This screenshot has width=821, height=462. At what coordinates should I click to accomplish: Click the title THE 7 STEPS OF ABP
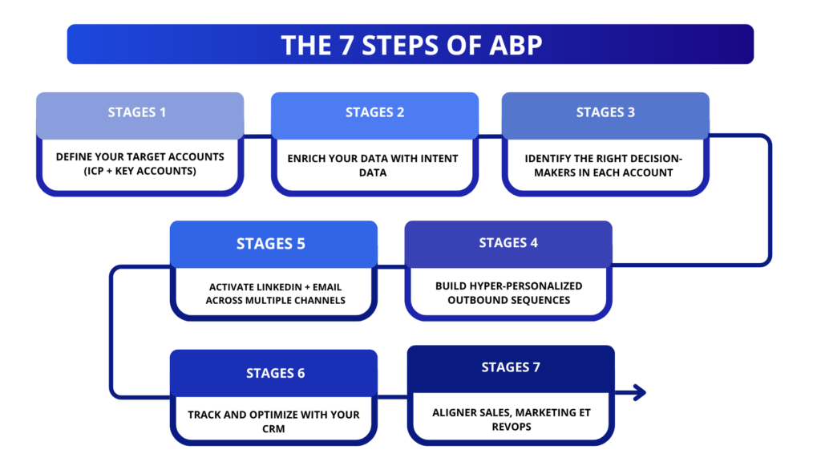click(x=410, y=45)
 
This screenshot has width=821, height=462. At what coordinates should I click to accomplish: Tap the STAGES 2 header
click(x=374, y=112)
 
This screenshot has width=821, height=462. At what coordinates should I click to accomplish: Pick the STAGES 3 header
click(x=605, y=112)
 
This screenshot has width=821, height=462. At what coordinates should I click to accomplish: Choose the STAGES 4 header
click(x=508, y=242)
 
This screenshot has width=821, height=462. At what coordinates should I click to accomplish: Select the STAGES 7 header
click(x=511, y=367)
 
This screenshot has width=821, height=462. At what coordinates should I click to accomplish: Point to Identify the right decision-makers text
click(x=605, y=165)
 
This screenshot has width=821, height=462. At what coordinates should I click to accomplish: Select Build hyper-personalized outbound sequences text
click(x=508, y=293)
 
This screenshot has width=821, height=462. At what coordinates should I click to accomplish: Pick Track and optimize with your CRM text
click(x=273, y=422)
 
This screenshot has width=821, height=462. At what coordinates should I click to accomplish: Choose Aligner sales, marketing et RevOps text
click(x=511, y=419)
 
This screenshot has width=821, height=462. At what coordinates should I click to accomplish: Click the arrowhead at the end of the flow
click(x=639, y=392)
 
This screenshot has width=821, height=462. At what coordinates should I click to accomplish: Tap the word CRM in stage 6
click(x=274, y=430)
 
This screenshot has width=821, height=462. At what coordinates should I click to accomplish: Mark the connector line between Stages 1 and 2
click(x=257, y=136)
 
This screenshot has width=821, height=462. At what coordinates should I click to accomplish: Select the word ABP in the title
click(x=513, y=45)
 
